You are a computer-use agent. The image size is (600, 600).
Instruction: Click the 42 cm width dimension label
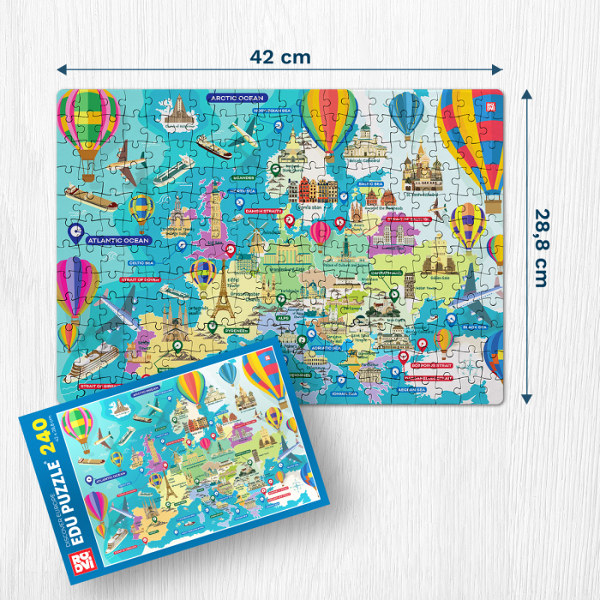(280, 57)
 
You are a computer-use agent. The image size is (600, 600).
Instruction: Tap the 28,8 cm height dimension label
(539, 249)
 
